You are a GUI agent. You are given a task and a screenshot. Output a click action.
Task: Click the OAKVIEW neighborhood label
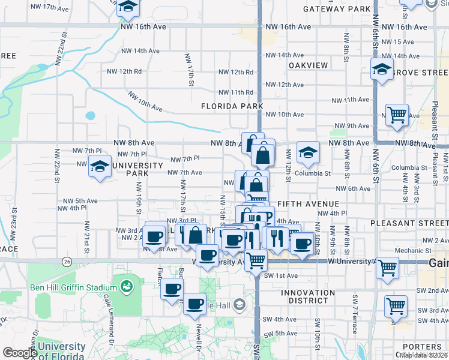[309, 65]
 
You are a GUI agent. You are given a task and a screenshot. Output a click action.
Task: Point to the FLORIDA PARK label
[232, 106]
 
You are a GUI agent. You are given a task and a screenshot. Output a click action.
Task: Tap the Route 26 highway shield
[67, 261]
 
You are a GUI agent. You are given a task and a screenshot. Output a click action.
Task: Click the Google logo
[19, 353]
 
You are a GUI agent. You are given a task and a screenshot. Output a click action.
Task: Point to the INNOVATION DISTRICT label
[308, 297]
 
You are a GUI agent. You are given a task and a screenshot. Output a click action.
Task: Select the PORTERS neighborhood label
[423, 347]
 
